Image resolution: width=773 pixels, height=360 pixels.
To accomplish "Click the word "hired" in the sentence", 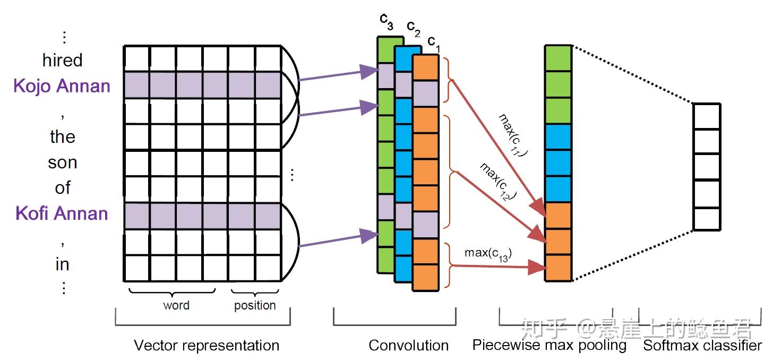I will click(63, 61).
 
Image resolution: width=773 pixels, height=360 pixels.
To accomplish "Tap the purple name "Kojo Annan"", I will click(62, 86).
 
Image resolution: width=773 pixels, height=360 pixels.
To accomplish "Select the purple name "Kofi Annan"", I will click(62, 213).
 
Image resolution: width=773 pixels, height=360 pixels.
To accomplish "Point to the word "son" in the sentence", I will click(63, 162).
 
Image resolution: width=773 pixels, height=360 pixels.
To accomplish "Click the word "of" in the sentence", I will click(63, 188).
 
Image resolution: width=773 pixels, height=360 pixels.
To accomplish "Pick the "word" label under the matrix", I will click(176, 305).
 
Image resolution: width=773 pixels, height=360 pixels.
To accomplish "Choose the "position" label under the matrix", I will click(255, 305).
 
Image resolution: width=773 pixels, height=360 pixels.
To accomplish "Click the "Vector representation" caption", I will click(206, 346).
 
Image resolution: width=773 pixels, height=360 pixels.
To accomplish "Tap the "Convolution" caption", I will click(408, 346).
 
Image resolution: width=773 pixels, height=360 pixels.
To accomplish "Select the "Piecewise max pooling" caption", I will click(549, 345).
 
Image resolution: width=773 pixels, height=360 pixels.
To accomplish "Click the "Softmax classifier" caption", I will click(702, 346).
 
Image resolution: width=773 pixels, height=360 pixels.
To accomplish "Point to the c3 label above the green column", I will click(386, 22).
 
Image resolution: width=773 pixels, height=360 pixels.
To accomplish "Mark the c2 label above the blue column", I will click(413, 28).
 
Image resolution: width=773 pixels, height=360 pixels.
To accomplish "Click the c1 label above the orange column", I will click(434, 43).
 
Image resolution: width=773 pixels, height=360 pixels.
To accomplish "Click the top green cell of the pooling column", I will click(558, 58).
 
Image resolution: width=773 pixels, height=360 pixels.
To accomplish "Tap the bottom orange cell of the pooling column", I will click(558, 268).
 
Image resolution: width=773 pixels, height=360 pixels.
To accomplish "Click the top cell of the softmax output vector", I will click(707, 116).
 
